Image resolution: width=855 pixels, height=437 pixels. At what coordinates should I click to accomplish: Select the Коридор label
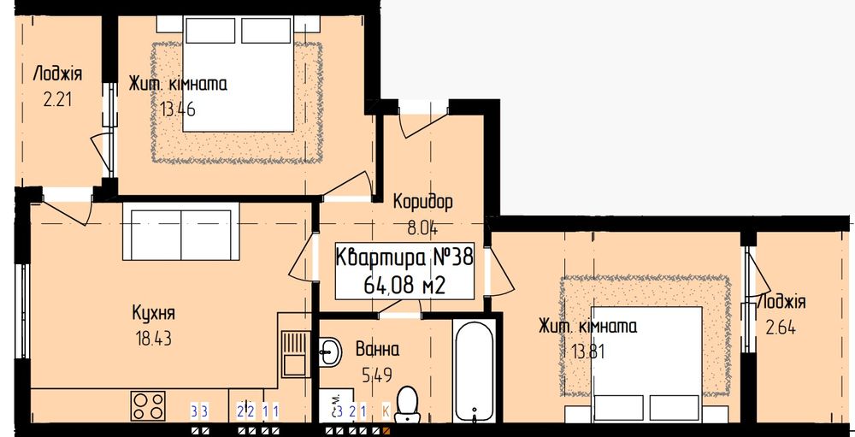tap(422, 203)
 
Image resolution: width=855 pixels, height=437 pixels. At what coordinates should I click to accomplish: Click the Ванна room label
tap(377, 349)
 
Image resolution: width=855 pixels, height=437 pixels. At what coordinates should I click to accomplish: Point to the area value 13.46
tap(178, 109)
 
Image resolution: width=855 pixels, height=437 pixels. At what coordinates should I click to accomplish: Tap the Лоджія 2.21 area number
tap(57, 97)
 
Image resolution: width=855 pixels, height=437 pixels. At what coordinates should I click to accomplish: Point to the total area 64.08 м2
tap(404, 286)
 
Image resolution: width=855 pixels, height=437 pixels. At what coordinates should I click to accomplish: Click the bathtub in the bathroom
tap(474, 377)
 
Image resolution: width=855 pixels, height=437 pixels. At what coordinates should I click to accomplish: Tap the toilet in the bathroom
tap(409, 404)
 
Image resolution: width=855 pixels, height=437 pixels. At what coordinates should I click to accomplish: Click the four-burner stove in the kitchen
tap(149, 405)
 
